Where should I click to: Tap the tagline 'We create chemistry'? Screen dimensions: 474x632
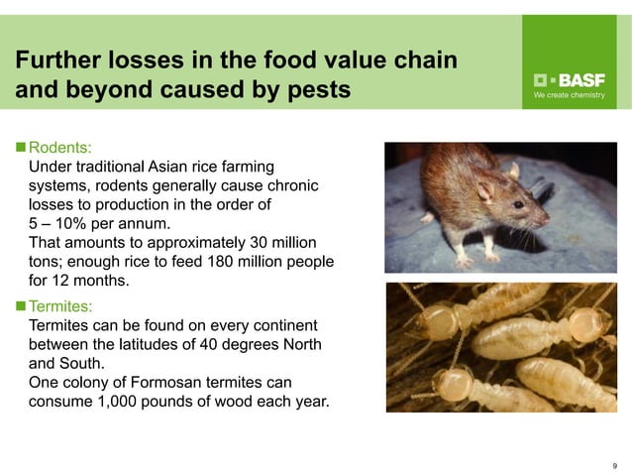point(569,96)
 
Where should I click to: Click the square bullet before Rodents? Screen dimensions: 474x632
point(20,149)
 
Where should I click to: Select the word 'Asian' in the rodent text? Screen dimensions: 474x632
point(170,168)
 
